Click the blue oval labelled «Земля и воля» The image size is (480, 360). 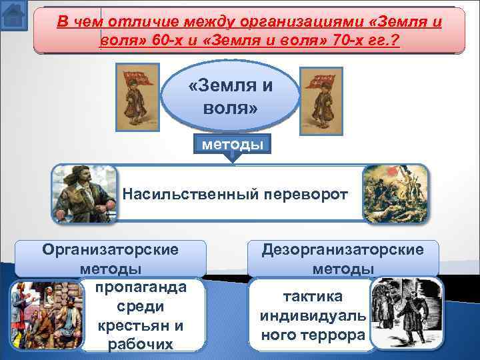231,96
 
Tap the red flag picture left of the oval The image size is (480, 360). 137,96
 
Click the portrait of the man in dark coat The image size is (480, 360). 79,193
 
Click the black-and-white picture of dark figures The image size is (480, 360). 402,313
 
